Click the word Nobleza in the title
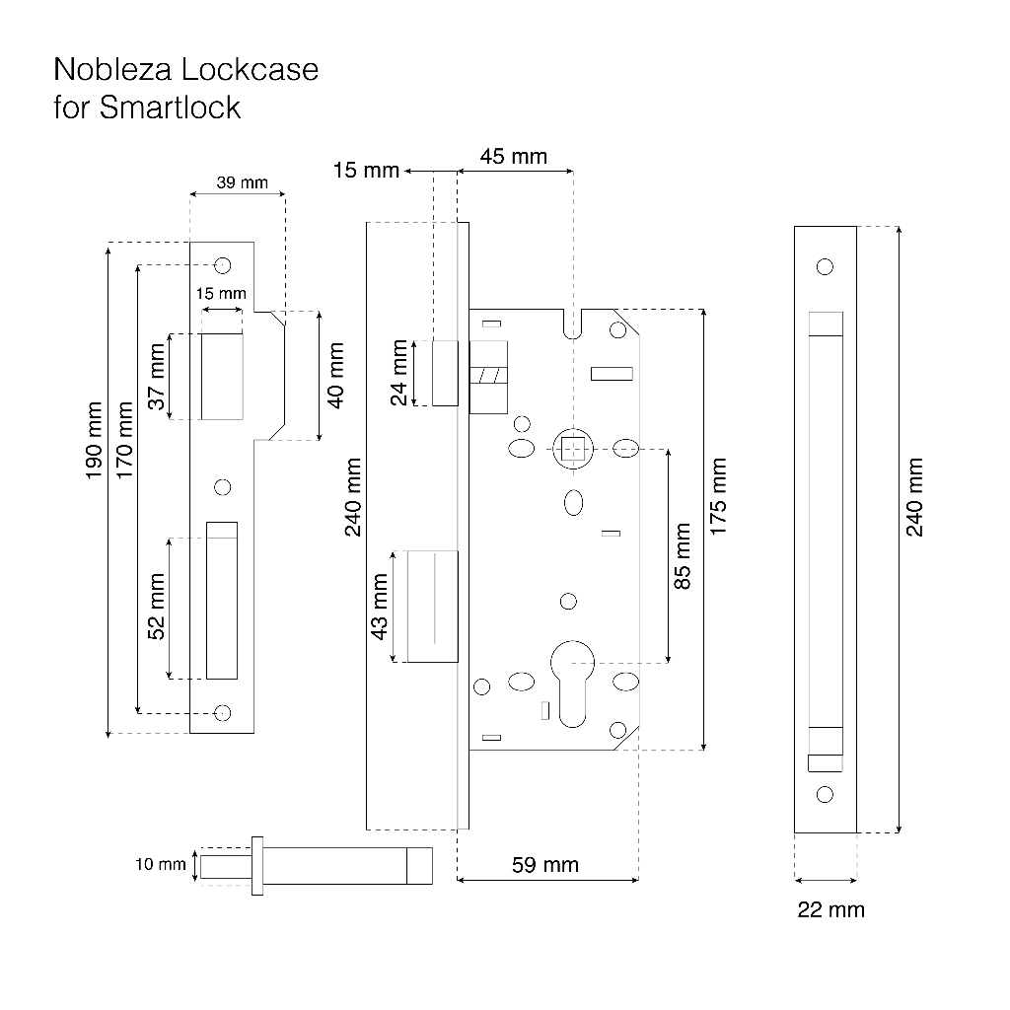(112, 69)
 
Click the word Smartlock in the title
(170, 107)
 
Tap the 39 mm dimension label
(243, 182)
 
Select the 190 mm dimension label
(94, 440)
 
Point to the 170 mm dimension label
(124, 440)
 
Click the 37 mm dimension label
(157, 376)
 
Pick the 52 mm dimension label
(157, 607)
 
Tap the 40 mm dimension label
(335, 375)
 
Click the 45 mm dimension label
(513, 156)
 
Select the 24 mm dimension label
(398, 372)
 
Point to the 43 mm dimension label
(380, 607)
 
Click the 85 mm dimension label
(682, 556)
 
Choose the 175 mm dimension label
(718, 496)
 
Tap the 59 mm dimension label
(544, 864)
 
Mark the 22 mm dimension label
(830, 909)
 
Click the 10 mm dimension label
(161, 864)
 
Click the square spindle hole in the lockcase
(573, 449)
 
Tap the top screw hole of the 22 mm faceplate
(825, 266)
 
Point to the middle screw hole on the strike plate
(222, 487)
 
